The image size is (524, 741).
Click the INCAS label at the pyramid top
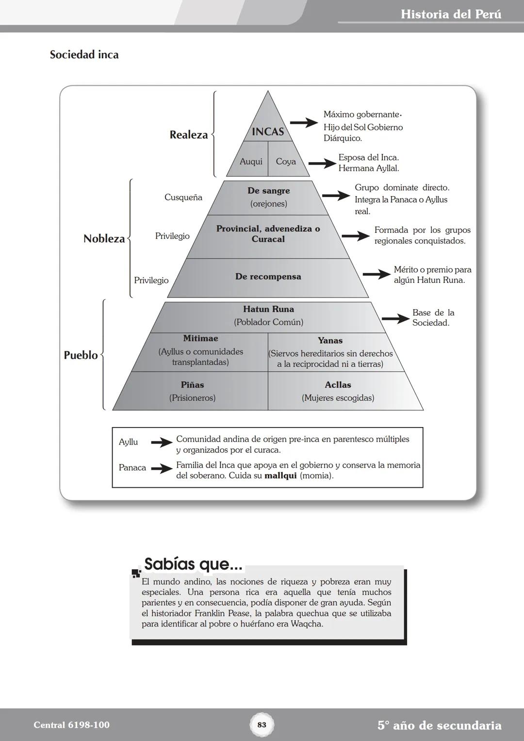click(268, 132)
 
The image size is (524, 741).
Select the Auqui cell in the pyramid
click(251, 162)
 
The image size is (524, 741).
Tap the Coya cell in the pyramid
click(286, 162)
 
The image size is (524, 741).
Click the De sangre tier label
click(268, 191)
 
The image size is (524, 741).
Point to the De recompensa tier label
click(268, 277)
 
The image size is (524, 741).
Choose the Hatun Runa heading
click(268, 309)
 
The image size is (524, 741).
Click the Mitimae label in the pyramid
click(200, 338)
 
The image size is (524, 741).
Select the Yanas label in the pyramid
click(330, 341)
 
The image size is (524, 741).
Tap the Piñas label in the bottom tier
click(192, 385)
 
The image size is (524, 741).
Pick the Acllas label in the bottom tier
click(338, 385)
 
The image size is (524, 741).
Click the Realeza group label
click(188, 135)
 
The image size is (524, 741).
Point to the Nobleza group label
click(104, 238)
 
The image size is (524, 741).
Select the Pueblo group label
click(81, 355)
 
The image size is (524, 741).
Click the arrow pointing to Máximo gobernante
click(304, 123)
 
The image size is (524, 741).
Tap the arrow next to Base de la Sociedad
click(395, 318)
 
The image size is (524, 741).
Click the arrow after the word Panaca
click(162, 468)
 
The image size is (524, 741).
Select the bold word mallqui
click(280, 476)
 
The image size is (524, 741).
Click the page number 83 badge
click(262, 725)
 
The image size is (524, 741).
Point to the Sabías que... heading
click(193, 564)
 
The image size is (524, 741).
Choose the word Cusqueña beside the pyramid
click(183, 198)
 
